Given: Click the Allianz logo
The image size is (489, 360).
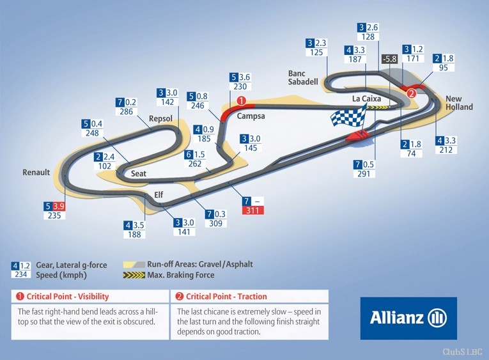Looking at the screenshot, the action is tap(408, 318).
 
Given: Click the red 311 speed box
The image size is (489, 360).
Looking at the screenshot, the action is tap(253, 210).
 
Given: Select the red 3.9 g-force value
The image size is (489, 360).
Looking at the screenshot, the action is tap(58, 206).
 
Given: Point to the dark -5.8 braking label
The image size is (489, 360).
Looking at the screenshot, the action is tap(390, 59).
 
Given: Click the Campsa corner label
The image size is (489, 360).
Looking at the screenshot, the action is tap(251, 116).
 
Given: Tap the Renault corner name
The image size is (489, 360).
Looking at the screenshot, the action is tap(36, 172).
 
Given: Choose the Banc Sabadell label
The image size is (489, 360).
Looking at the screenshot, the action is tap(303, 77).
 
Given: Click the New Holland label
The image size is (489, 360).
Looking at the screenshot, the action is tap(459, 103).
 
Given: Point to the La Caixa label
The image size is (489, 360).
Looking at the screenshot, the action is tap(366, 99).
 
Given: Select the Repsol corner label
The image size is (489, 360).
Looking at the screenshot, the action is tap(160, 119).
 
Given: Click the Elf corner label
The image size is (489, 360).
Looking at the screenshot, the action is tap(159, 195).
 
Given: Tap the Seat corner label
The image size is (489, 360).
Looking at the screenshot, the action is tap(139, 173).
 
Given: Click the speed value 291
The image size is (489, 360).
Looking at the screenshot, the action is tap(364, 174).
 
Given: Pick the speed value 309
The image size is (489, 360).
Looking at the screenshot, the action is tap(215, 223).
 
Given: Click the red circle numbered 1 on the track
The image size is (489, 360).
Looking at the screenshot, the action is tap(242, 101).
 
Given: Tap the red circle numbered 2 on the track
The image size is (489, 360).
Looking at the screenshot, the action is tap(412, 93).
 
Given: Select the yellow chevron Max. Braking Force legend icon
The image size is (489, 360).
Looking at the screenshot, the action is tap(134, 275).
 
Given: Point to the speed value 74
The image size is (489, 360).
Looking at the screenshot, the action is tap(411, 153).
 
